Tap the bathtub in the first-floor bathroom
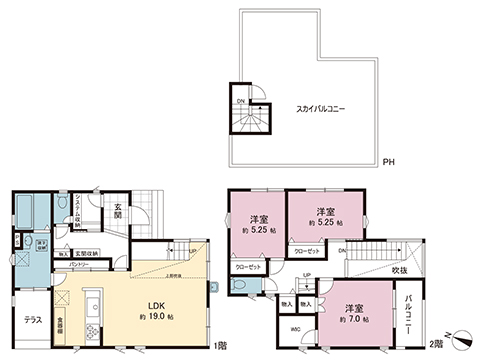pyautogui.click(x=27, y=211)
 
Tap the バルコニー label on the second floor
pyautogui.click(x=413, y=311)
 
